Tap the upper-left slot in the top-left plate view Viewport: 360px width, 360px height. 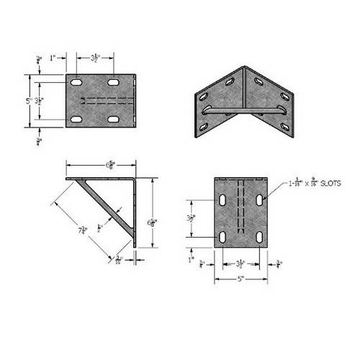(x=76, y=84)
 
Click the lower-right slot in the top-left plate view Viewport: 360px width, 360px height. (x=114, y=118)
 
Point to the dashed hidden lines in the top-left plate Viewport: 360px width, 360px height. (x=108, y=100)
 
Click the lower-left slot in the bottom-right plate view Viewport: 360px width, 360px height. (x=224, y=237)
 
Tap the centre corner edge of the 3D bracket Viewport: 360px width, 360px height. (x=245, y=101)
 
